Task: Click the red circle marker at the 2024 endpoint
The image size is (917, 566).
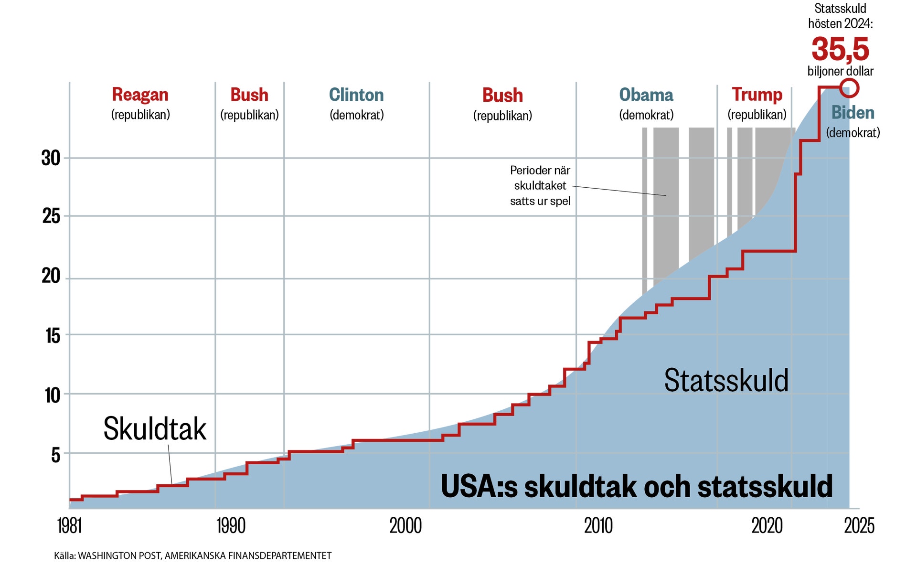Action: point(849,88)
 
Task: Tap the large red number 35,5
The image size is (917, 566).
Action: point(840,49)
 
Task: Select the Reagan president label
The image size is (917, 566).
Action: point(140,95)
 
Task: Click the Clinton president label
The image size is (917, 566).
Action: point(356,95)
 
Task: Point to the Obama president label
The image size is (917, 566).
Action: point(646,95)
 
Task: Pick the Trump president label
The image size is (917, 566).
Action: point(757,95)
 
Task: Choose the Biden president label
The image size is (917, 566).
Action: point(853,113)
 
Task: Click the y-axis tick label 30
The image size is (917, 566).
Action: point(51,158)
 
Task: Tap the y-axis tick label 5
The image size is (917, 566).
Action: point(56,455)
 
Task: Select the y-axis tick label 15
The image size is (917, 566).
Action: point(53,336)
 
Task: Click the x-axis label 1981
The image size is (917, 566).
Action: point(70,526)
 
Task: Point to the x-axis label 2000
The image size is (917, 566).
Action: point(405,526)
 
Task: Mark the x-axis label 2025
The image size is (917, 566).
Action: point(859,526)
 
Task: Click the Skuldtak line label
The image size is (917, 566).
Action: point(155,428)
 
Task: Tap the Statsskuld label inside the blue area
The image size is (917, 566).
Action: point(726,381)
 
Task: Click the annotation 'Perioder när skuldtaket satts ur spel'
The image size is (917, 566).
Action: point(540,185)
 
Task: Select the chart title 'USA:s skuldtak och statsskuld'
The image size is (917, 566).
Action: point(637,486)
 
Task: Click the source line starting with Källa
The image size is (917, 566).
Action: point(192,555)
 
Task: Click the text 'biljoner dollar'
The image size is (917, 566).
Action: point(840,71)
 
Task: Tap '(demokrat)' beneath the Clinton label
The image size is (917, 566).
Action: point(356,115)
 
